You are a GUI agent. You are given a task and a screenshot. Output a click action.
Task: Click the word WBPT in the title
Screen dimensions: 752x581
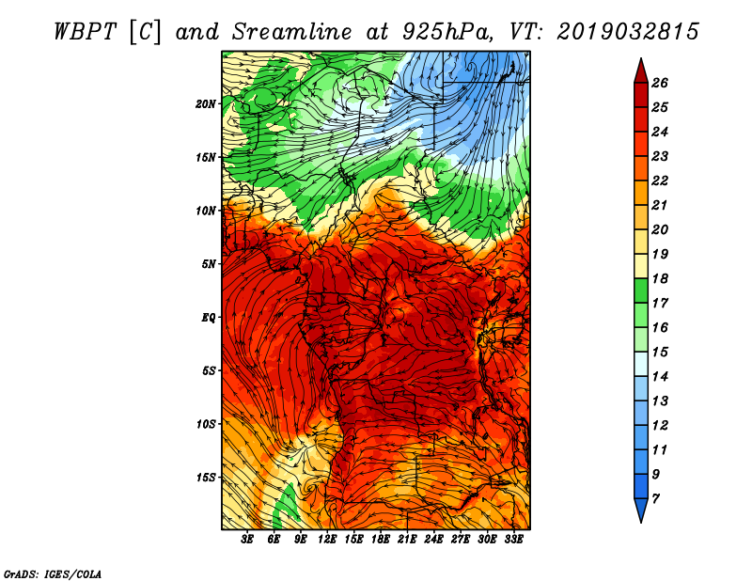tap(85, 32)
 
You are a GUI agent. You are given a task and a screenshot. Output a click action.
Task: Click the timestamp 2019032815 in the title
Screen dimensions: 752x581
tap(628, 32)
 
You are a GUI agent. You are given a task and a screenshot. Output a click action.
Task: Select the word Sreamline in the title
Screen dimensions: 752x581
tap(292, 32)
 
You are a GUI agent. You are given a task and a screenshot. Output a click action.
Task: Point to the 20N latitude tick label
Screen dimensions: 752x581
tap(205, 104)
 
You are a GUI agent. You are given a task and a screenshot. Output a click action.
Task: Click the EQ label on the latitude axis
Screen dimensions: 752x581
tap(208, 318)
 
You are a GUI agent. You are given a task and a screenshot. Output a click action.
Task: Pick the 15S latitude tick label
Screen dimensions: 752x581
tap(205, 478)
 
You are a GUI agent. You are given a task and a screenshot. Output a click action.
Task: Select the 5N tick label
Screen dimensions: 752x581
tap(209, 264)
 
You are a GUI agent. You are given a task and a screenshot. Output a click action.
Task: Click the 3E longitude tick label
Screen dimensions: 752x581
tap(247, 540)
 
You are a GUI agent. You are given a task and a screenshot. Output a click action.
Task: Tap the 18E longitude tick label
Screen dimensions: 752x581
tap(381, 540)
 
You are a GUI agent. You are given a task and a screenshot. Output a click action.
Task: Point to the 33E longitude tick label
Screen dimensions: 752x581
tap(513, 540)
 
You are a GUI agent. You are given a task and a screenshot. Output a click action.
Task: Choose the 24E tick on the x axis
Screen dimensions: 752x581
tap(433, 540)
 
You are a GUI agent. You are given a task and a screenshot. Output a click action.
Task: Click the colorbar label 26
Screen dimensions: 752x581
tap(660, 83)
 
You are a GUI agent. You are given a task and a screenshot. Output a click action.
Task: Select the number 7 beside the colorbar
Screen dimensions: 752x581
tap(655, 499)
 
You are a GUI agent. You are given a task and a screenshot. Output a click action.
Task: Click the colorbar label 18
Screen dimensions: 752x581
tap(660, 278)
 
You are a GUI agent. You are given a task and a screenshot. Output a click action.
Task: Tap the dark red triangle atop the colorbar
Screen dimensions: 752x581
tap(641, 71)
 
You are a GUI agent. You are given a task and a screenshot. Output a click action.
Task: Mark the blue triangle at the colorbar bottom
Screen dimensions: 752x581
tap(641, 510)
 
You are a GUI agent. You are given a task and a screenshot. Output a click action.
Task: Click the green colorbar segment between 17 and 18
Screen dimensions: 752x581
tap(641, 290)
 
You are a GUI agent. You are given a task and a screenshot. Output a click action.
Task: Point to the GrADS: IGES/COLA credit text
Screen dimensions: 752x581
tap(53, 573)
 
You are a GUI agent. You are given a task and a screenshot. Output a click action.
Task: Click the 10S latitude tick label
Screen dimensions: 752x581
tap(205, 424)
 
